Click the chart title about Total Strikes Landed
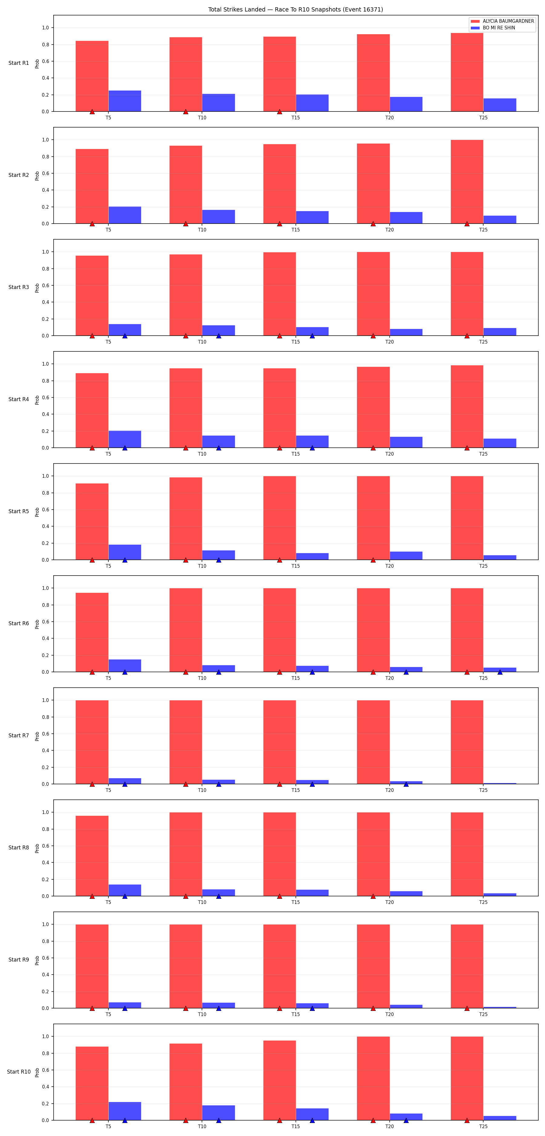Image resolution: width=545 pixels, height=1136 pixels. [x=296, y=9]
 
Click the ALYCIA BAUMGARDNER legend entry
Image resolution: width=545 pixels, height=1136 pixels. [x=502, y=21]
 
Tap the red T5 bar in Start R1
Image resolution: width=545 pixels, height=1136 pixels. [x=92, y=76]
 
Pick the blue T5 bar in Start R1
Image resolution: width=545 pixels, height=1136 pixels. [x=125, y=101]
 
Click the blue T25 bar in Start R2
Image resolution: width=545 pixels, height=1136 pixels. [x=500, y=220]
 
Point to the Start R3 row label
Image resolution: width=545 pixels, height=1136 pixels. [x=18, y=287]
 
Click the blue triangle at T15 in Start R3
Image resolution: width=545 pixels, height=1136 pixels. [x=312, y=336]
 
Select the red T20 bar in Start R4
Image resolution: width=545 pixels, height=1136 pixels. [x=373, y=407]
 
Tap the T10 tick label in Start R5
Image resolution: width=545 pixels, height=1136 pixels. [x=202, y=566]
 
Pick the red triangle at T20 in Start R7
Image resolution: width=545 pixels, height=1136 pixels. [x=373, y=784]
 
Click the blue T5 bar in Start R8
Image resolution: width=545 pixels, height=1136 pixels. [x=125, y=890]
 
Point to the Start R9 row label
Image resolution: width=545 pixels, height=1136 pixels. [x=18, y=960]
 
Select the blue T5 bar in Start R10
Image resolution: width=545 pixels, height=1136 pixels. [x=125, y=1111]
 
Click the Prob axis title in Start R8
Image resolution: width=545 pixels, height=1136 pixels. [x=37, y=848]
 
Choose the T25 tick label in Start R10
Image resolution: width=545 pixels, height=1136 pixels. [x=483, y=1126]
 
